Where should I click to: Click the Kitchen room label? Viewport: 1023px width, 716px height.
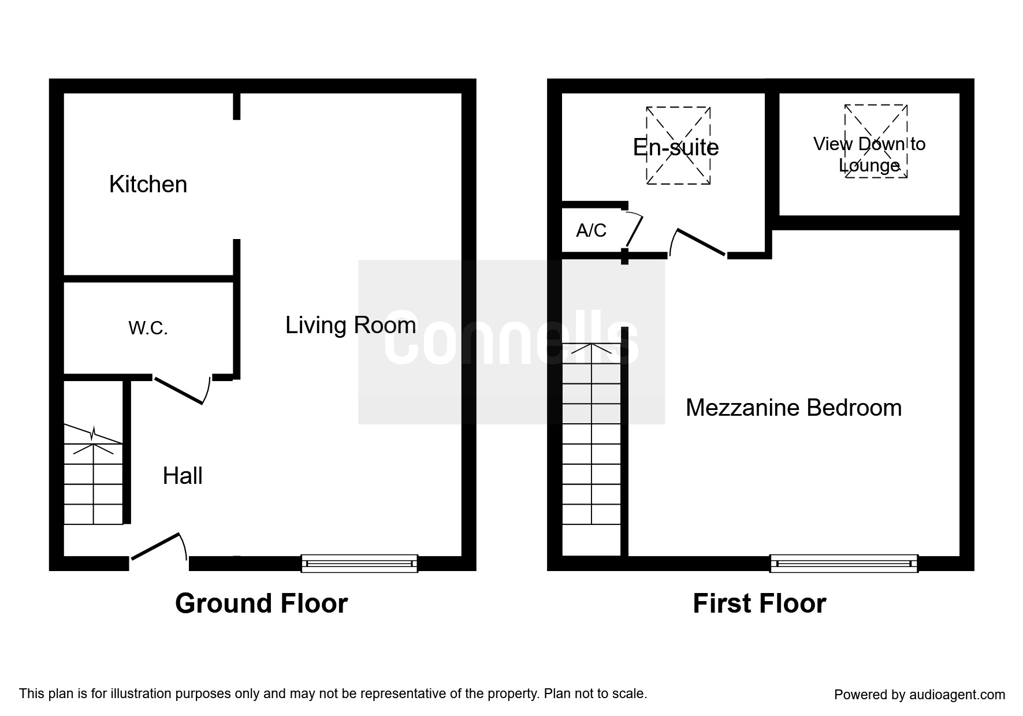(x=148, y=185)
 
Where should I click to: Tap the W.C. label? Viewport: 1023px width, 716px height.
(x=148, y=329)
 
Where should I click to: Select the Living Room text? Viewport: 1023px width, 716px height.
(x=351, y=326)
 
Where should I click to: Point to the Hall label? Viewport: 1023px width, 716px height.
(x=183, y=476)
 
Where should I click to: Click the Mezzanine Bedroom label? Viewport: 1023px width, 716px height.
(x=793, y=408)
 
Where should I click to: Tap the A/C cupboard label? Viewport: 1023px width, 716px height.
(x=591, y=231)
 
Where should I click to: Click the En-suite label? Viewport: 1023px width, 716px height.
(x=676, y=148)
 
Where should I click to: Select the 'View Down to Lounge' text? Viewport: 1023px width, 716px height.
(x=869, y=155)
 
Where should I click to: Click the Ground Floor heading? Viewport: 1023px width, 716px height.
(x=261, y=604)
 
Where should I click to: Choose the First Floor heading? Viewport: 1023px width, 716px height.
(x=759, y=604)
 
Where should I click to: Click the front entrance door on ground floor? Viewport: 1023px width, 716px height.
(x=157, y=547)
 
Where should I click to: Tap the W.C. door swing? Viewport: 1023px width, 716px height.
(x=179, y=390)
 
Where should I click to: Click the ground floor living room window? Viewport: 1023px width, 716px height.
(x=359, y=563)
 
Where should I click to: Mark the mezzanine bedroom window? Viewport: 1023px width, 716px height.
(x=844, y=563)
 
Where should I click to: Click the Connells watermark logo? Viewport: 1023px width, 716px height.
(x=511, y=342)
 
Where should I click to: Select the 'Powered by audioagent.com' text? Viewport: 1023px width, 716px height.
(x=919, y=695)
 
